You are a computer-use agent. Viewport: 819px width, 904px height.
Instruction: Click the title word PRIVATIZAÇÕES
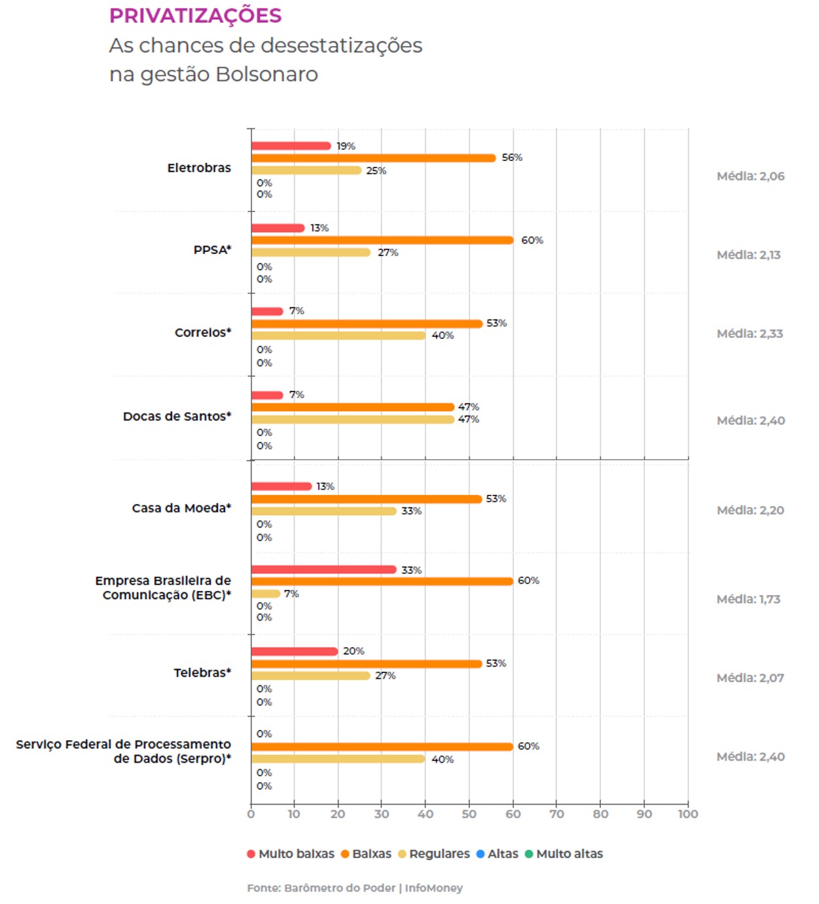[x=195, y=15]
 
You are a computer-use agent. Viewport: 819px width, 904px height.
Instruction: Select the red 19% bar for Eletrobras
[x=291, y=146]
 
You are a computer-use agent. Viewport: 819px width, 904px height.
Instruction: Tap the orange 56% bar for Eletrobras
[x=373, y=158]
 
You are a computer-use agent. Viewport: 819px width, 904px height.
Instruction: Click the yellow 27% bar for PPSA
[x=311, y=253]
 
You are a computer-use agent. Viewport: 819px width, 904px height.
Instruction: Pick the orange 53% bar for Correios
[x=367, y=323]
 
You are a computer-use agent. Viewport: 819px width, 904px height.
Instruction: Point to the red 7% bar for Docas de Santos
[x=267, y=395]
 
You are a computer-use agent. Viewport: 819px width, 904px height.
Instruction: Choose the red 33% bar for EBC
[x=323, y=570]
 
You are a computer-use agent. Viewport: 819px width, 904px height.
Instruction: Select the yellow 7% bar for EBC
[x=266, y=594]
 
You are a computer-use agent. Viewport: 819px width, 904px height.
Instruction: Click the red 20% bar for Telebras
[x=295, y=651]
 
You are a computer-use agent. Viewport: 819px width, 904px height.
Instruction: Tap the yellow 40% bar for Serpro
[x=338, y=759]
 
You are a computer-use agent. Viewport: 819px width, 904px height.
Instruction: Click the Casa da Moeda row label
[x=181, y=508]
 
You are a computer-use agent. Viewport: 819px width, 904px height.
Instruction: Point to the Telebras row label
[x=202, y=672]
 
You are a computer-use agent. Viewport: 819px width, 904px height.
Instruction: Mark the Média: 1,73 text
[x=748, y=599]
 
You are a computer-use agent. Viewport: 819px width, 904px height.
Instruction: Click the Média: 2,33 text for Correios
[x=750, y=333]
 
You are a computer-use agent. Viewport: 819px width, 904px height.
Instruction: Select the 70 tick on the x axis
[x=556, y=814]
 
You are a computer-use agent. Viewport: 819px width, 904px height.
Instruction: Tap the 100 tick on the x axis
[x=688, y=814]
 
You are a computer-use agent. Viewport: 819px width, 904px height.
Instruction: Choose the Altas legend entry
[x=502, y=854]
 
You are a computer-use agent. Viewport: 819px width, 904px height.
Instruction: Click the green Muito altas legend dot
[x=529, y=854]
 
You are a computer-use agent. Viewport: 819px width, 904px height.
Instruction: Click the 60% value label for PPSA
[x=532, y=240]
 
